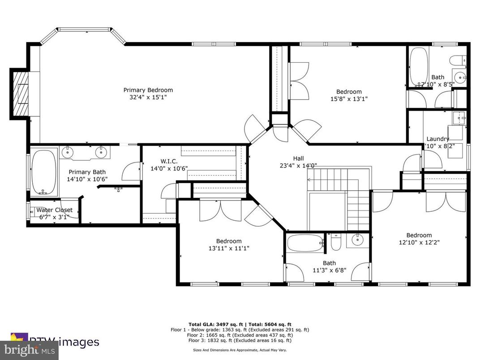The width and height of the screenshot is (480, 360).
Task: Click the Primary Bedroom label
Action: tap(148, 90)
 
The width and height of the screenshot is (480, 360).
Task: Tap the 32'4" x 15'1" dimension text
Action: tap(148, 97)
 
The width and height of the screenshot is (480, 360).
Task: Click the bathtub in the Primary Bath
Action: tap(43, 172)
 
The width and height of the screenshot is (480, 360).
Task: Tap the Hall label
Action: tap(298, 159)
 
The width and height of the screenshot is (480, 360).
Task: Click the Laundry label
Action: tap(437, 139)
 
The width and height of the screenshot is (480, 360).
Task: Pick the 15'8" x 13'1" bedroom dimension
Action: tap(349, 99)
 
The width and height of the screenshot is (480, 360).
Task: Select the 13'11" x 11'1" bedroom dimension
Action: tap(228, 248)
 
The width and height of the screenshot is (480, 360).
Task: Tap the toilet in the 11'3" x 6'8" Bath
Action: tap(336, 242)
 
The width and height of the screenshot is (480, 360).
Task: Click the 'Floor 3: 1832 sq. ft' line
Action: tap(240, 340)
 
